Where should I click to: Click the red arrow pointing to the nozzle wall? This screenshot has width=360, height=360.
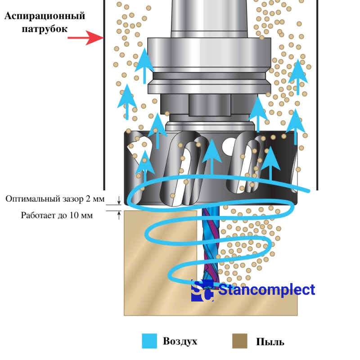point(85,38)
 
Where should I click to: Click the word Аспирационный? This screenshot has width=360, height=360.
point(45,17)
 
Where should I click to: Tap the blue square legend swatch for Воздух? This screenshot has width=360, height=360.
point(149,341)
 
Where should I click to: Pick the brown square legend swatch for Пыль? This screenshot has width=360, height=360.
point(240,341)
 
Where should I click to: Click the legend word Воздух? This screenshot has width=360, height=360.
point(180,341)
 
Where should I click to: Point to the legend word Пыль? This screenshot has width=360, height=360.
point(270,342)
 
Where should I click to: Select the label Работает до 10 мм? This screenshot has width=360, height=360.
point(57,215)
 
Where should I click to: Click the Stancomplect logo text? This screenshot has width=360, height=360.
point(266,290)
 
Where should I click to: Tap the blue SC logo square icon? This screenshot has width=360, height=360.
point(202,291)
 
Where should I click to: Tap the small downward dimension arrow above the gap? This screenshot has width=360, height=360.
point(119,200)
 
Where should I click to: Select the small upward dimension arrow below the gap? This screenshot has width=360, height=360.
point(119,215)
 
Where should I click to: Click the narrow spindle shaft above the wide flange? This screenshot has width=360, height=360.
point(209,18)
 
